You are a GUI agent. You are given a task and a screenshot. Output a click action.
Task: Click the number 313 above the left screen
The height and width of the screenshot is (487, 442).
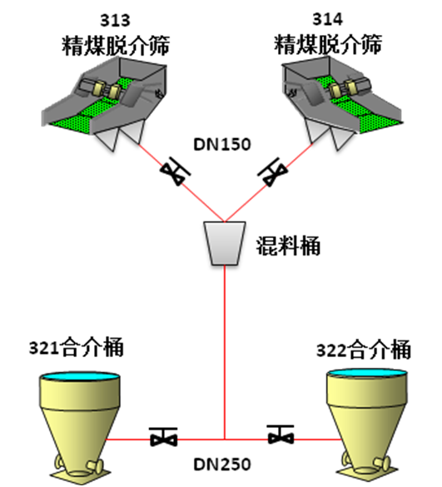115,20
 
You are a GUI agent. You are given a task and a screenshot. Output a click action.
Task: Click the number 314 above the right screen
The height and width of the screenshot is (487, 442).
327,19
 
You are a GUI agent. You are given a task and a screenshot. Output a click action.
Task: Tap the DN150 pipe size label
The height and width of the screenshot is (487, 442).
221,144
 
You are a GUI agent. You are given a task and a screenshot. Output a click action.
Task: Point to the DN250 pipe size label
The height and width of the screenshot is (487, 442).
221,465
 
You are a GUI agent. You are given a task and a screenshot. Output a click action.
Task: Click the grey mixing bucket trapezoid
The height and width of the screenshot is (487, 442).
225,243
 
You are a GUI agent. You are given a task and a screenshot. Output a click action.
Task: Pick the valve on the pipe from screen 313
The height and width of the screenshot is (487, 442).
175,171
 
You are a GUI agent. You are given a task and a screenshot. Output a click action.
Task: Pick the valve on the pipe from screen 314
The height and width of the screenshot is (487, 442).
273,171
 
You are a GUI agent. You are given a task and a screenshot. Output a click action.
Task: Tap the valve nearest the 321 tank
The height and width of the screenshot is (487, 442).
163,436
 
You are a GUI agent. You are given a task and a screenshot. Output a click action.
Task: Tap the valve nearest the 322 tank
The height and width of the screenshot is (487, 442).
281,435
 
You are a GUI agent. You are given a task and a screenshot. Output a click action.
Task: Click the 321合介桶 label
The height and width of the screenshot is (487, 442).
77,346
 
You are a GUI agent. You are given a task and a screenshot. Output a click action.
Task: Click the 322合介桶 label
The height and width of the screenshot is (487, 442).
364,350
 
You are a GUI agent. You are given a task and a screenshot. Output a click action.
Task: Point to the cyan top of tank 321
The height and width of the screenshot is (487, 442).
80,376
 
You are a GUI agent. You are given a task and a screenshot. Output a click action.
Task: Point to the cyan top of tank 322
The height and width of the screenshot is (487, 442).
367,373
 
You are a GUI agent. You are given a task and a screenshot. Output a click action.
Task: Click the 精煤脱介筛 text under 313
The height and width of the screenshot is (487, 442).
116,46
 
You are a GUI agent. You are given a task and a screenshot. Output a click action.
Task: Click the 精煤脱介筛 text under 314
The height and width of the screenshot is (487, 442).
328,44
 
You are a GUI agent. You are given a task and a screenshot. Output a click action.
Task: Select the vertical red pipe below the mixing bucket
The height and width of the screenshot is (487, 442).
225,352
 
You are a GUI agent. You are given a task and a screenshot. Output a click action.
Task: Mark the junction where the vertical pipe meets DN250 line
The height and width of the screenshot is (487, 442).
225,440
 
